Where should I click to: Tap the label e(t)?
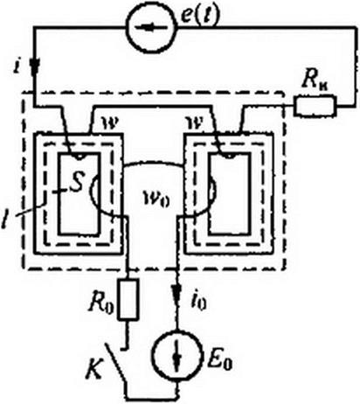click(x=199, y=16)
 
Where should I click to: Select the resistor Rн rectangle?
click(x=315, y=106)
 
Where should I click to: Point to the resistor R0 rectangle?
click(x=128, y=300)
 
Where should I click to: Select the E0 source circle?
click(x=177, y=356)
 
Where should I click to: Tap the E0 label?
click(x=220, y=360)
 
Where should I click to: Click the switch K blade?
click(x=117, y=364)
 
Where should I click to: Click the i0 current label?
click(x=198, y=302)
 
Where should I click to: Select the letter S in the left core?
click(x=77, y=182)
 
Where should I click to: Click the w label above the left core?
click(x=110, y=124)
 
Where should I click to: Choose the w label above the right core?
click(x=194, y=124)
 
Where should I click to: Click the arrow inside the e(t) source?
click(x=151, y=27)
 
